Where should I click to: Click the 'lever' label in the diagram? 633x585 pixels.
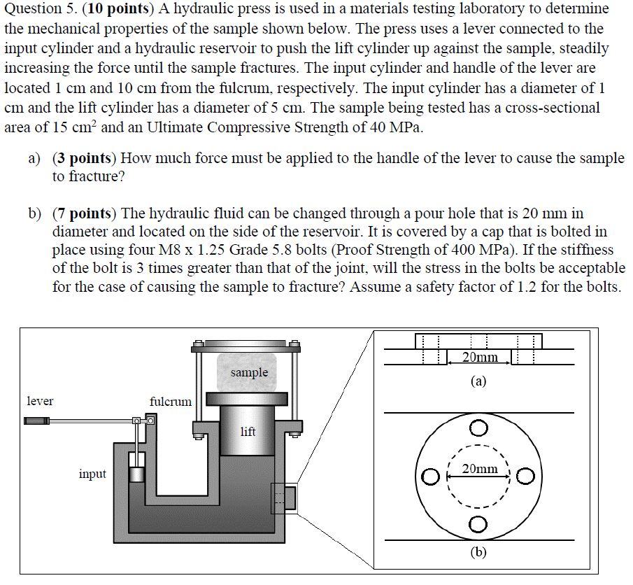click(40, 401)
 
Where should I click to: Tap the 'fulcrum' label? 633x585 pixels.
click(170, 402)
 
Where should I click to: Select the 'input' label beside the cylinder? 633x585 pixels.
click(92, 474)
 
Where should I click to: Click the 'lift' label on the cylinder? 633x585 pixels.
click(248, 432)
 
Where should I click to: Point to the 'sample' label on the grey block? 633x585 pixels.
click(249, 372)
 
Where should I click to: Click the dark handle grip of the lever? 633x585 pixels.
click(36, 421)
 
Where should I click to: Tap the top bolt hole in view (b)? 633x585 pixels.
click(478, 427)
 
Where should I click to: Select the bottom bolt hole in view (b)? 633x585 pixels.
click(478, 525)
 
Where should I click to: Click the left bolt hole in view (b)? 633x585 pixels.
click(429, 477)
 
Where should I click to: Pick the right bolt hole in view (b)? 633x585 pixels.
click(527, 477)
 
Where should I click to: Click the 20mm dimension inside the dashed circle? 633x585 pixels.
click(480, 468)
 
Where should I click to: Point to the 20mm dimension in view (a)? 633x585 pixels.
click(481, 358)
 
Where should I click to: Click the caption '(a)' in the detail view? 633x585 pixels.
click(478, 381)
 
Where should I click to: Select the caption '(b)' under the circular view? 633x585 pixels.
click(478, 552)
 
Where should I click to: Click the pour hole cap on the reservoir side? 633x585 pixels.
click(289, 499)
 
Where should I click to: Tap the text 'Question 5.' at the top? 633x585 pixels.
click(36, 9)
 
